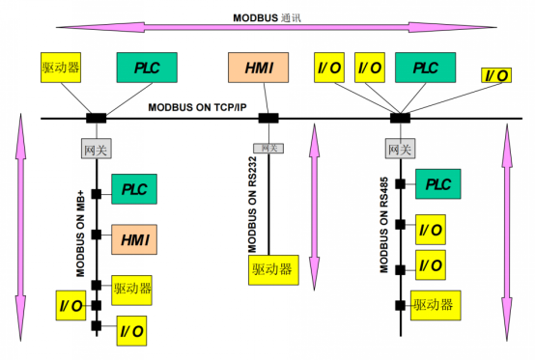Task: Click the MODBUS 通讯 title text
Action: click(x=267, y=17)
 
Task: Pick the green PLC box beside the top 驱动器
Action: click(x=147, y=68)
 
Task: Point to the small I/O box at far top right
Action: click(x=497, y=75)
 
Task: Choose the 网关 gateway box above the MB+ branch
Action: click(x=96, y=149)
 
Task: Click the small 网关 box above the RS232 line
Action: click(x=267, y=148)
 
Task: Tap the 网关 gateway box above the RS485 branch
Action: click(x=400, y=149)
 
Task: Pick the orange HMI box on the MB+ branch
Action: click(x=134, y=236)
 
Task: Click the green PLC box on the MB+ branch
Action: click(x=134, y=190)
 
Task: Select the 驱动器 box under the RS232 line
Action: click(x=272, y=269)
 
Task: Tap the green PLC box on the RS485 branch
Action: click(x=439, y=183)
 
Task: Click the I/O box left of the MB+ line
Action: click(x=70, y=305)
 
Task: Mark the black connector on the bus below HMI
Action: click(x=268, y=119)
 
